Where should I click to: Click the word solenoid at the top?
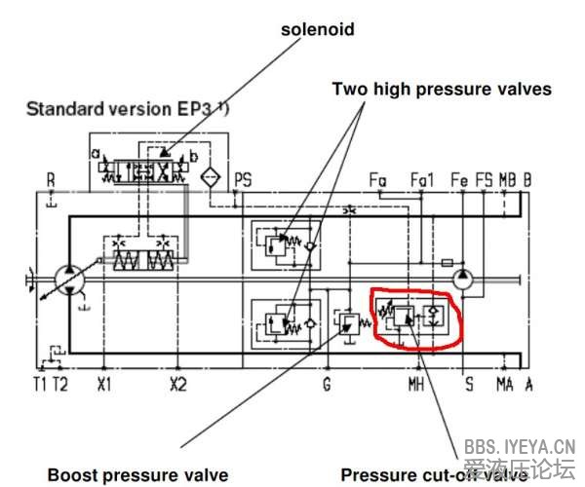(317, 29)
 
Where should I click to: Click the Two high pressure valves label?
(442, 89)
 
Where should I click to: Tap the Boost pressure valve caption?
(137, 474)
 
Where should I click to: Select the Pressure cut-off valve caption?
(434, 474)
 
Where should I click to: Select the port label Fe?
(459, 179)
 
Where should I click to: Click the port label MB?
(506, 179)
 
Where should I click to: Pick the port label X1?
(105, 384)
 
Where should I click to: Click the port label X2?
(177, 384)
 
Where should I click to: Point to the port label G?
(327, 384)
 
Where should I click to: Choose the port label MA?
(505, 384)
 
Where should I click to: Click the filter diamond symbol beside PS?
(207, 178)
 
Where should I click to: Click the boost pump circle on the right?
(466, 280)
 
